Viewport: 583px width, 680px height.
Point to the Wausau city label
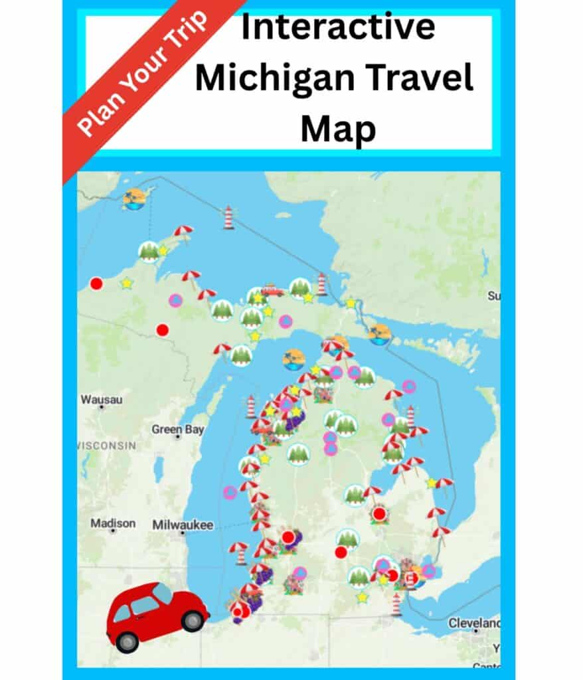pos(102,400)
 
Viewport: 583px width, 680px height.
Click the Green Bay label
pos(177,430)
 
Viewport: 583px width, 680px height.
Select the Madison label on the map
pos(113,523)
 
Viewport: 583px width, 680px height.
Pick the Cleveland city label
pos(473,624)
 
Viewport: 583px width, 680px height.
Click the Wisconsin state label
pos(106,445)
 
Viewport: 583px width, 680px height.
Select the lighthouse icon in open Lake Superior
pos(228,216)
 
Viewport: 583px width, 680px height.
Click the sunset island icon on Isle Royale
pos(135,197)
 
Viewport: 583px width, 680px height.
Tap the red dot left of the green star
pos(96,284)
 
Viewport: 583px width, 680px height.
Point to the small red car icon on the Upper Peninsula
pos(272,290)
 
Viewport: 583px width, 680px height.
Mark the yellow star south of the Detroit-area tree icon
pos(362,597)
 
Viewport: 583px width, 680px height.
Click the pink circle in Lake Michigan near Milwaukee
pos(230,492)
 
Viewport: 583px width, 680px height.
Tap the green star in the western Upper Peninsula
pos(126,284)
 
